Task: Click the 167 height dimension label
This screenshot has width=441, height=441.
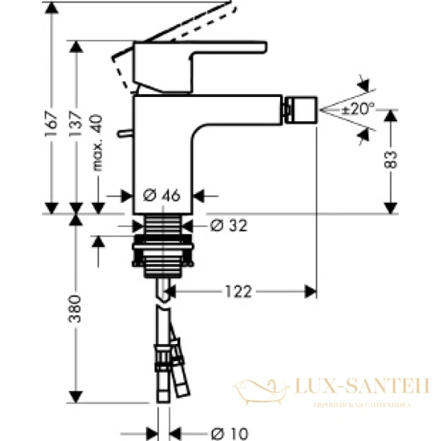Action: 51,117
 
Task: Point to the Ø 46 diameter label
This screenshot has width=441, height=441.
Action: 161,196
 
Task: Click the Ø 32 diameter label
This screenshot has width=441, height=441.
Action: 228,226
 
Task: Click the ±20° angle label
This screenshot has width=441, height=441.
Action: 358,108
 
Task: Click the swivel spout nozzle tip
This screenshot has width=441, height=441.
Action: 304,109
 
